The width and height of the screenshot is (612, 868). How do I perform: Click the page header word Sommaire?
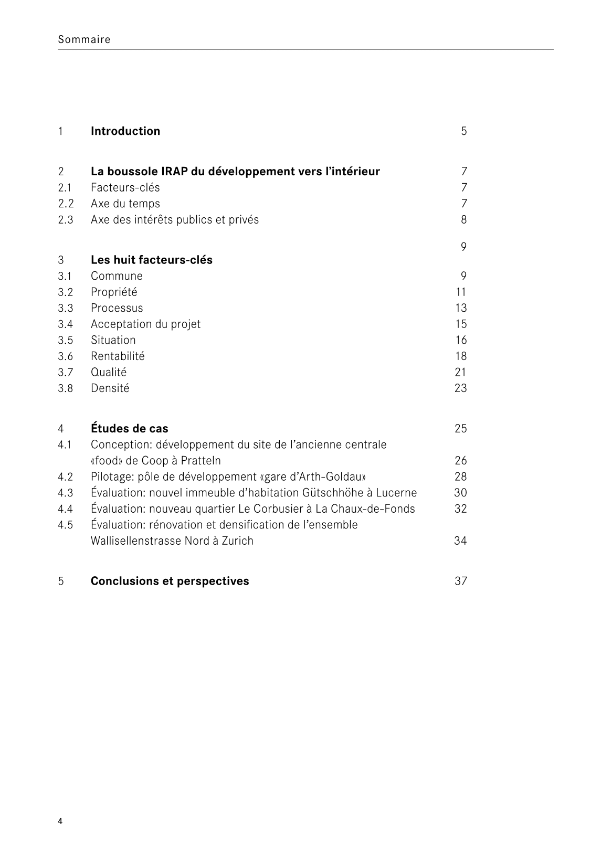[84, 39]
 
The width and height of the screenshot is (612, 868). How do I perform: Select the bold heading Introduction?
[125, 131]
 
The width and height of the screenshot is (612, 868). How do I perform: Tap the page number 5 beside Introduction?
[464, 131]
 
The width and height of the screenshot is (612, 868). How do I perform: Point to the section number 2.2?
[66, 204]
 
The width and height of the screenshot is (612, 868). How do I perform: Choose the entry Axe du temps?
[125, 204]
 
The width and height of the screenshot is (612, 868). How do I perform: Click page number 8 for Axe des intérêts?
[464, 220]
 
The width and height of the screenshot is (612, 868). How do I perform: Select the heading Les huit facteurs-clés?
[152, 260]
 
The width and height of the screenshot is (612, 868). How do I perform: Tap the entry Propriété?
[114, 292]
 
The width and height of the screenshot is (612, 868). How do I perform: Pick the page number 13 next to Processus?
[461, 308]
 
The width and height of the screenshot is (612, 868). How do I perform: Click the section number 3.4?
[66, 324]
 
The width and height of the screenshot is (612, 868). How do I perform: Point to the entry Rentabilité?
[118, 356]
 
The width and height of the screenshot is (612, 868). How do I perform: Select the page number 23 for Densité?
[461, 388]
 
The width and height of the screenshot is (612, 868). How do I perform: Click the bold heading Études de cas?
[130, 429]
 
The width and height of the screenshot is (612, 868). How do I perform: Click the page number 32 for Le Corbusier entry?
[461, 509]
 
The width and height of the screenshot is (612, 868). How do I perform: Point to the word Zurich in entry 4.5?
[237, 541]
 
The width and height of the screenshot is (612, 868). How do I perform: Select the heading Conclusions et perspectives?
[170, 581]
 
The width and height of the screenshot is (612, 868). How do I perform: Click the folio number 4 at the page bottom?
[60, 821]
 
